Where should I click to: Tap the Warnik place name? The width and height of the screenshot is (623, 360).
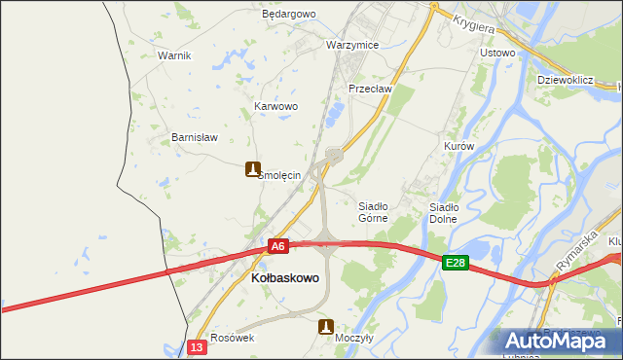tap(174, 55)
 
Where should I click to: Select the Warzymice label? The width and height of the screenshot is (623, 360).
tap(352, 46)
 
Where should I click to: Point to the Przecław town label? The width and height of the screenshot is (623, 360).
tap(370, 89)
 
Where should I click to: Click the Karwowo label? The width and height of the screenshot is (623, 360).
tap(275, 106)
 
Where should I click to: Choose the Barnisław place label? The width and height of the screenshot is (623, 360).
tap(193, 137)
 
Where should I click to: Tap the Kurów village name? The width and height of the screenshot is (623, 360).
tap(458, 146)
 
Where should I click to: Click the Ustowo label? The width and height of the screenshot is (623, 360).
tap(497, 53)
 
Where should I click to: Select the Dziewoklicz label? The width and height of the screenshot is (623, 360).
tap(566, 80)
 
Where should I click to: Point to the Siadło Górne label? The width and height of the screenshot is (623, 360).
tap(374, 212)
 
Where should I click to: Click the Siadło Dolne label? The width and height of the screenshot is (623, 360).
tap(444, 212)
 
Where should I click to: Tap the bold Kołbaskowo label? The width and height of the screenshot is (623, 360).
tap(285, 278)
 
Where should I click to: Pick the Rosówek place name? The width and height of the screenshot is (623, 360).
tap(232, 338)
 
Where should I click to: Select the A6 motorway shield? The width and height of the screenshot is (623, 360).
tap(278, 247)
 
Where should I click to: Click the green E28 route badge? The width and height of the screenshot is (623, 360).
tap(456, 263)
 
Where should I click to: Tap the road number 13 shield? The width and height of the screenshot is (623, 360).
tap(198, 347)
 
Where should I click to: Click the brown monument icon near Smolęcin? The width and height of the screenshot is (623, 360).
tap(253, 168)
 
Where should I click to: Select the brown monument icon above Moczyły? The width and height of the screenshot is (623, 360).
tap(326, 327)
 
